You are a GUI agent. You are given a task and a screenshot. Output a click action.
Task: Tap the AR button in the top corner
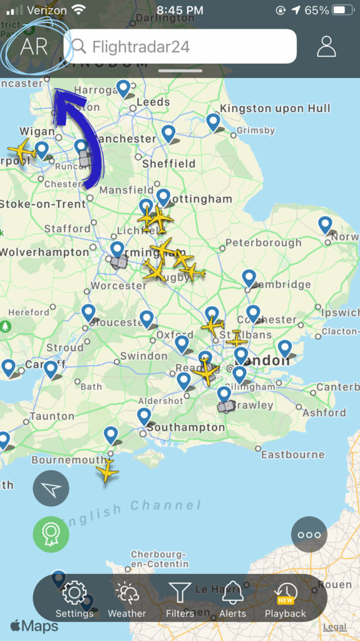tap(34, 46)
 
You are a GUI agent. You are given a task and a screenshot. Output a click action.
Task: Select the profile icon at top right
tap(326, 46)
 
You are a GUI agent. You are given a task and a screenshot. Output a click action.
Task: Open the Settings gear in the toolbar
tap(74, 599)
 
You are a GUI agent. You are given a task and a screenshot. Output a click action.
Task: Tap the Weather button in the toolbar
tap(126, 599)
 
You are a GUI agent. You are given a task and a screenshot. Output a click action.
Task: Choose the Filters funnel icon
tap(180, 599)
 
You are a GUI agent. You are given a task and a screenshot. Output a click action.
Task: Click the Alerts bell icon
tap(232, 599)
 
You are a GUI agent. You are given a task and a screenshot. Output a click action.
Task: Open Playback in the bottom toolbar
tap(285, 599)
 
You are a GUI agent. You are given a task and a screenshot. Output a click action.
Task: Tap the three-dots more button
tap(309, 535)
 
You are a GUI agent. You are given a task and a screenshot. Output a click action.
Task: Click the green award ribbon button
tap(51, 534)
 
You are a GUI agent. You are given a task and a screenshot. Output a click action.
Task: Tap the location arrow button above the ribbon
tap(51, 488)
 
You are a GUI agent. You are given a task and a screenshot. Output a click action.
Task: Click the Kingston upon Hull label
tap(275, 109)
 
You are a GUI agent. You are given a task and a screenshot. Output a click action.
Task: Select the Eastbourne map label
tap(292, 454)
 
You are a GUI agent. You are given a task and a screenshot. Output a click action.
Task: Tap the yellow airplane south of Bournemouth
tap(107, 470)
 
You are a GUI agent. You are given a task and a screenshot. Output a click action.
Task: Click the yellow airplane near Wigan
tap(22, 150)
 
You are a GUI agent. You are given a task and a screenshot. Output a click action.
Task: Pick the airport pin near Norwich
tap(325, 225)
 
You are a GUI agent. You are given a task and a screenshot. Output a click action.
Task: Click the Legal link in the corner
tap(335, 627)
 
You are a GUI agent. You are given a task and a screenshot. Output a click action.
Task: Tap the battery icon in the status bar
tap(344, 10)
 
